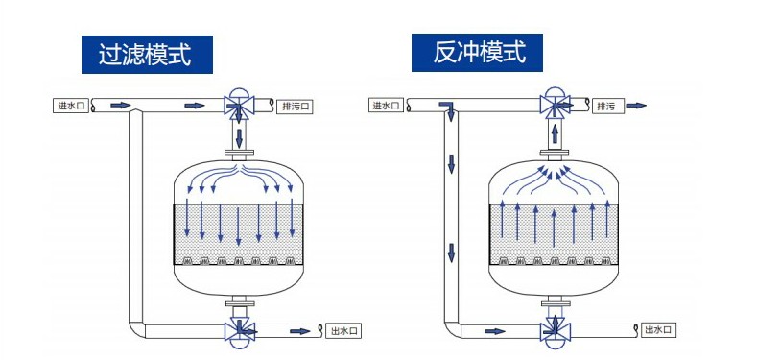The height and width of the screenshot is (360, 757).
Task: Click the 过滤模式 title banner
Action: (x=147, y=54)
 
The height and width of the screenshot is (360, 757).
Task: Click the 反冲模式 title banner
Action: (x=477, y=52)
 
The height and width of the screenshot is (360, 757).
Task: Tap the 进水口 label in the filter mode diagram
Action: (x=71, y=106)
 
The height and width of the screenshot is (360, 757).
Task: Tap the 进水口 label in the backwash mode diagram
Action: (x=387, y=106)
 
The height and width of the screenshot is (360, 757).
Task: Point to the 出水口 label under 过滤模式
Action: (x=343, y=331)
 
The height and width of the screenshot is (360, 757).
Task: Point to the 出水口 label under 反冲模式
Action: (x=658, y=330)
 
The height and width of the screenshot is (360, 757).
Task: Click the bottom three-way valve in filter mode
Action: (x=239, y=332)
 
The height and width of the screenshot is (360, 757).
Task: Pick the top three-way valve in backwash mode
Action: (x=555, y=104)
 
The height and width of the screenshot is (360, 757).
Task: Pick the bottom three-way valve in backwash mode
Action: (x=555, y=331)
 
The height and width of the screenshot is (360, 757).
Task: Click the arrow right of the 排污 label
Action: (x=636, y=106)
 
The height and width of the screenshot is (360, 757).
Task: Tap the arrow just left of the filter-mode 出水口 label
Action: (x=300, y=331)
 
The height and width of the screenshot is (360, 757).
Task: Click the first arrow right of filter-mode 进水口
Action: (x=121, y=105)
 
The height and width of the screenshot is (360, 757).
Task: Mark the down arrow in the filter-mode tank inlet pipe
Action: (x=239, y=138)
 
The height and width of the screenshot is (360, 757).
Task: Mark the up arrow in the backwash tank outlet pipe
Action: (x=555, y=132)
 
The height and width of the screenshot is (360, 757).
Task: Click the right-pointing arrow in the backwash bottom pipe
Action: (x=495, y=331)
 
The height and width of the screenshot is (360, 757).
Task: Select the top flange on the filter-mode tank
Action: (x=239, y=155)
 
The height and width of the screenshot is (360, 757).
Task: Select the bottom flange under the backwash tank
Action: (x=555, y=304)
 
